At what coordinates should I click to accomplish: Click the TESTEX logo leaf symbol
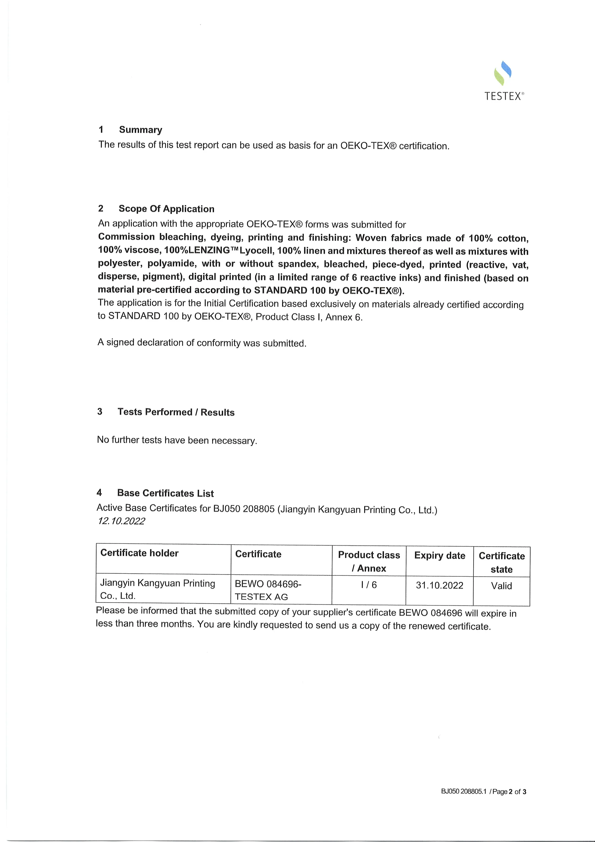point(503,73)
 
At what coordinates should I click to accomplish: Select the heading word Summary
point(140,130)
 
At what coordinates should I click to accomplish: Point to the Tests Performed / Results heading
point(176,412)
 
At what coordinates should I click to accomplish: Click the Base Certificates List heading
point(165,493)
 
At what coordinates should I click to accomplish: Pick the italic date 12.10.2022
point(121,521)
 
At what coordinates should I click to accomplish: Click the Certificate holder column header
point(139,553)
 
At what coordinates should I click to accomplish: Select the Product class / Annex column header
point(369,561)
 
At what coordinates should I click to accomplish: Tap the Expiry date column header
point(440,556)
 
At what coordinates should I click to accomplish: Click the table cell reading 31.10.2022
point(440,585)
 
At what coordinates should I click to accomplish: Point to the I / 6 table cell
point(369,585)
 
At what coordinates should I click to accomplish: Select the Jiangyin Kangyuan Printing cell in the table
point(158,589)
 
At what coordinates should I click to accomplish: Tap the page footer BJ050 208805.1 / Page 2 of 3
point(483,792)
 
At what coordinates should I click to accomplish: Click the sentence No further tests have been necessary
point(177,440)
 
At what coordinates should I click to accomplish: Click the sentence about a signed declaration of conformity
point(202,343)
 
